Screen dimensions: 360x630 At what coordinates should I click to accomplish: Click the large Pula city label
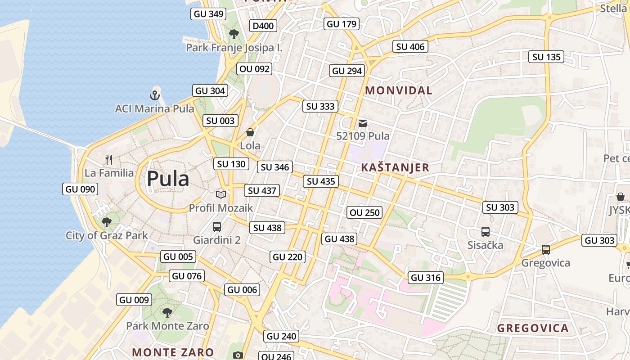pyautogui.click(x=168, y=179)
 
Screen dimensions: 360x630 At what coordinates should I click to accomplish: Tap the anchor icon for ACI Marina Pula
pyautogui.click(x=155, y=95)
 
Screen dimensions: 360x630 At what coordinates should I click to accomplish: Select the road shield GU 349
pyautogui.click(x=208, y=14)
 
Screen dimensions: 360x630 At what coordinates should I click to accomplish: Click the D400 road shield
pyautogui.click(x=263, y=26)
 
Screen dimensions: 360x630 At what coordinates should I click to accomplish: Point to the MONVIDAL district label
pyautogui.click(x=398, y=90)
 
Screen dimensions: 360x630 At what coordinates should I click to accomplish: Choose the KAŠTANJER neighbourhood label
pyautogui.click(x=395, y=168)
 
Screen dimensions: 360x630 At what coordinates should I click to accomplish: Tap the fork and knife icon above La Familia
pyautogui.click(x=108, y=159)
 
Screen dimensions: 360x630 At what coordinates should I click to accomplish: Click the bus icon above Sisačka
pyautogui.click(x=485, y=232)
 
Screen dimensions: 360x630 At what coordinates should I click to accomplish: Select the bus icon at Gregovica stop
pyautogui.click(x=546, y=249)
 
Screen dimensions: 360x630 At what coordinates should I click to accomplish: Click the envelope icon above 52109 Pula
pyautogui.click(x=363, y=123)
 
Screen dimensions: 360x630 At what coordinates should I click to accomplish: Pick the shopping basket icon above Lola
pyautogui.click(x=250, y=132)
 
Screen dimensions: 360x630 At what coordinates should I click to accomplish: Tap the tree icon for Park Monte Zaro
pyautogui.click(x=167, y=313)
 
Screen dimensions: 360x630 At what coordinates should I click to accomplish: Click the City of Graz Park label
pyautogui.click(x=107, y=235)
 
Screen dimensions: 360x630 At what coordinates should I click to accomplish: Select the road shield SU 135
pyautogui.click(x=546, y=57)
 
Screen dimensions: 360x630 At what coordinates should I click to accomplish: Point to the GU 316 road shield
pyautogui.click(x=425, y=278)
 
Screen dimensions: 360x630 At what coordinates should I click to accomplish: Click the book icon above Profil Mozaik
pyautogui.click(x=220, y=194)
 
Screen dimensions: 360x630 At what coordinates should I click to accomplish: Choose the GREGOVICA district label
pyautogui.click(x=533, y=328)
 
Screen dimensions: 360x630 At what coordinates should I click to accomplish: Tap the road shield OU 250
pyautogui.click(x=365, y=212)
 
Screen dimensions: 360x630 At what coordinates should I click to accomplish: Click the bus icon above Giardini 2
pyautogui.click(x=217, y=226)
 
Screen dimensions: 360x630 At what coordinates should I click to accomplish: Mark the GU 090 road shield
pyautogui.click(x=81, y=189)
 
